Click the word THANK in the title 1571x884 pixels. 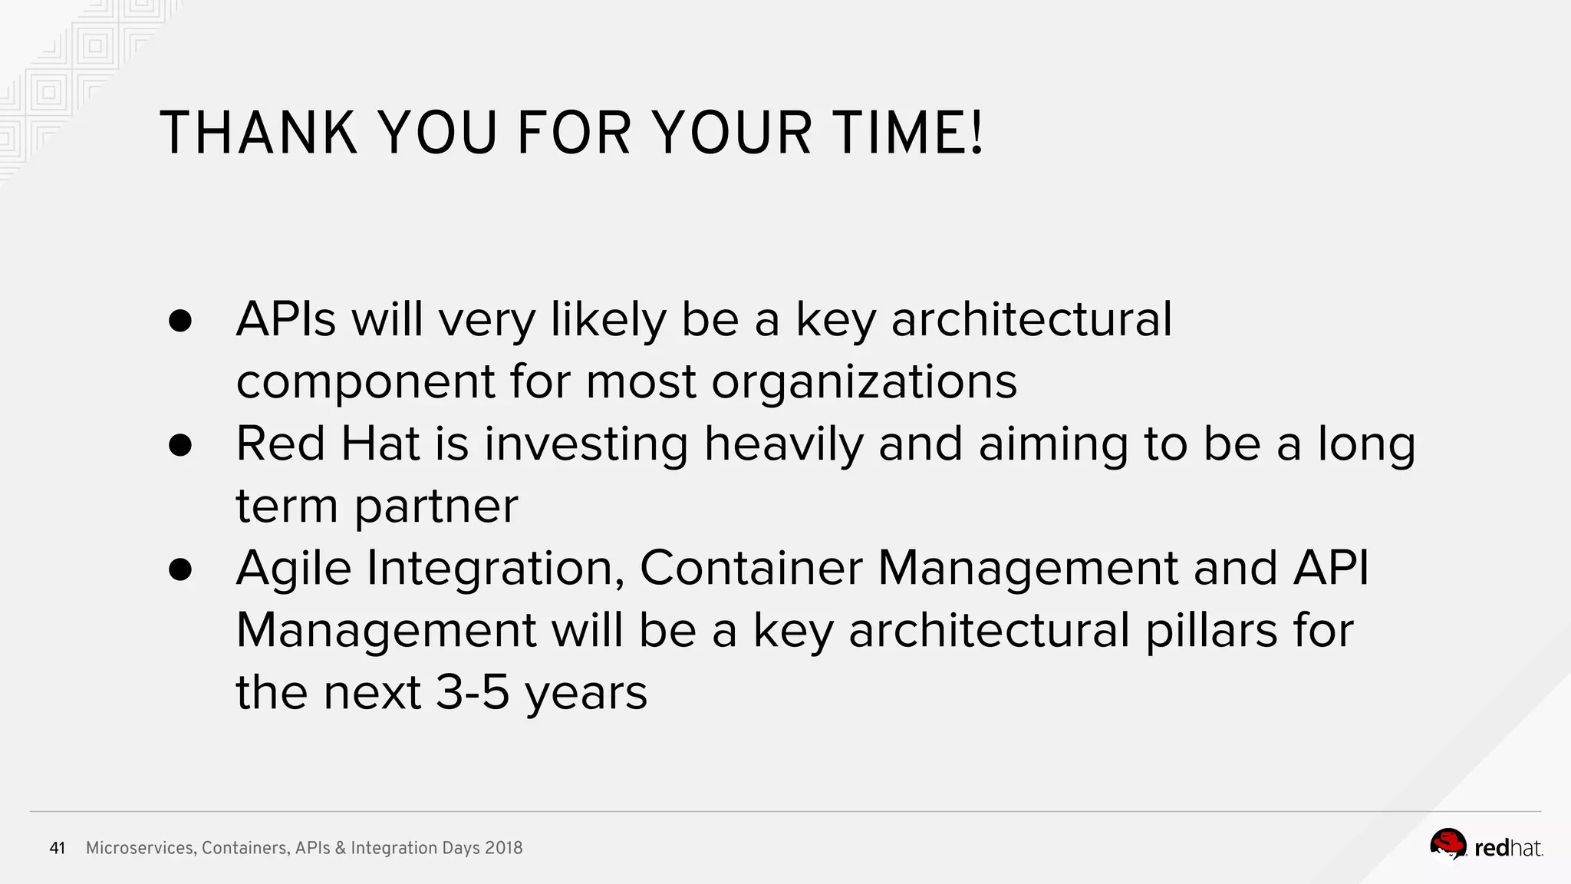pos(258,134)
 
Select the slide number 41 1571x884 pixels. pos(57,848)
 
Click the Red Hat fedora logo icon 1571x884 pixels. pos(1447,845)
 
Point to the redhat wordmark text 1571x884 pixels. pos(1508,848)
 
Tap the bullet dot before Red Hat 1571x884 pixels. pos(179,445)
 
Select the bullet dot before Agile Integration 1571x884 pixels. pos(179,569)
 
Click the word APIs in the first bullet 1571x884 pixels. pos(285,319)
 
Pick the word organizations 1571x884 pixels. pos(864,382)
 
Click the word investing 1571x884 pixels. pos(586,445)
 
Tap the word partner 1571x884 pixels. pos(436,507)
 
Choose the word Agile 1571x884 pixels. pos(293,569)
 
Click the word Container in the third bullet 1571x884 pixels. pos(751,569)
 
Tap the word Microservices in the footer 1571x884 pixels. pos(140,848)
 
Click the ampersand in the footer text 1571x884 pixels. pos(341,848)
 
